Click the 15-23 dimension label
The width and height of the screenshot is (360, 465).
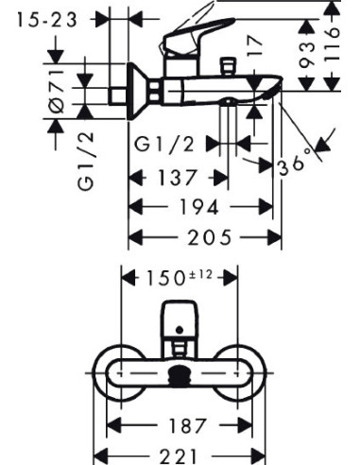(x=47, y=20)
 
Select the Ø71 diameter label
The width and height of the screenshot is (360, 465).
(x=57, y=92)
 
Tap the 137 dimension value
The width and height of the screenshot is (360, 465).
(x=178, y=177)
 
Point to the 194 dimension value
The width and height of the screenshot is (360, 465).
(x=198, y=207)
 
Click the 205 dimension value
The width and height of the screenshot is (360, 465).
(x=210, y=237)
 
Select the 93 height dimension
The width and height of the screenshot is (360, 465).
(x=307, y=56)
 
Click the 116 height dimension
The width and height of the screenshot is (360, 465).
(x=333, y=44)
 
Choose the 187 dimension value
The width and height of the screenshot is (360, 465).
(x=188, y=425)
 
